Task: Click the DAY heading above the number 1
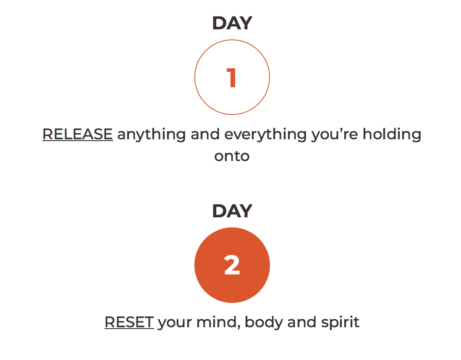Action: pyautogui.click(x=232, y=23)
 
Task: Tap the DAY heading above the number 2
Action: pyautogui.click(x=232, y=211)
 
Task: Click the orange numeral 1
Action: pyautogui.click(x=232, y=78)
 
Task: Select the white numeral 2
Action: pyautogui.click(x=232, y=265)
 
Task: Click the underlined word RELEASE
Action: pyautogui.click(x=78, y=134)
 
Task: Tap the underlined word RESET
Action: pyautogui.click(x=129, y=322)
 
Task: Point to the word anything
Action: pyautogui.click(x=152, y=135)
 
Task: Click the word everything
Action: pyautogui.click(x=265, y=135)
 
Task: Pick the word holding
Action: pyautogui.click(x=392, y=135)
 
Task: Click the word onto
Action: pyautogui.click(x=232, y=157)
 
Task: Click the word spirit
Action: pyautogui.click(x=340, y=323)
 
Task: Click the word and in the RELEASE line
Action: pyautogui.click(x=205, y=134)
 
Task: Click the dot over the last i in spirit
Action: pyautogui.click(x=352, y=317)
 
